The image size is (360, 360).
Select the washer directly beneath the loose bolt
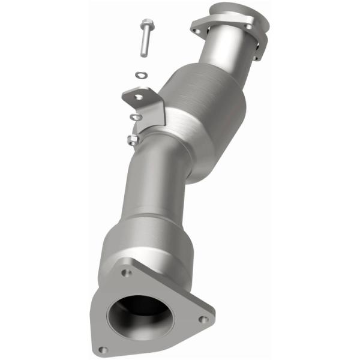point(142,75)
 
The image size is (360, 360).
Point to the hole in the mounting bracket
point(139,96)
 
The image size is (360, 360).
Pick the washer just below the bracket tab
point(137,116)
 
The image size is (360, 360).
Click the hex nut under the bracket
point(133,140)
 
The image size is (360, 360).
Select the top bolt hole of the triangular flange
point(125,273)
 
